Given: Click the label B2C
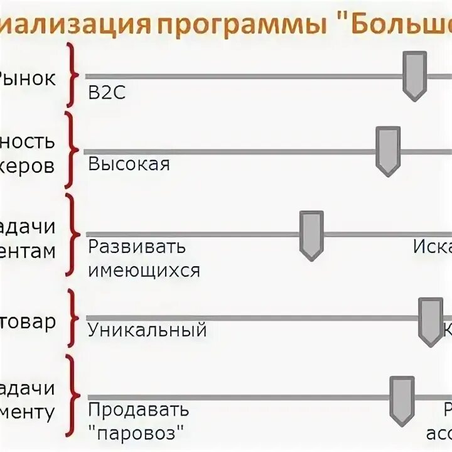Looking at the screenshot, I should point(107,94).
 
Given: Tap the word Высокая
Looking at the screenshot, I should point(129,164).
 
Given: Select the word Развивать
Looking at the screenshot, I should point(137,246).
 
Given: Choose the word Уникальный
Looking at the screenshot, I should point(147,329).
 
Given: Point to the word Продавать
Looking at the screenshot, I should point(138,410).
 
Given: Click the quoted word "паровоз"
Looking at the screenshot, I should point(139,433).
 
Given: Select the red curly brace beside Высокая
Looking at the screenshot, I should point(73,151).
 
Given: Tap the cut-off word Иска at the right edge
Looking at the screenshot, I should point(433,246).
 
